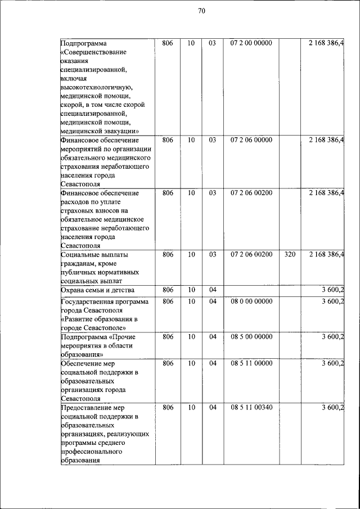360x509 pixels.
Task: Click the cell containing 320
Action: pyautogui.click(x=290, y=255)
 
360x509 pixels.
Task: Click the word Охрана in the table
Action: pyautogui.click(x=73, y=290)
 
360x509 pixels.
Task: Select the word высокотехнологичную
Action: pyautogui.click(x=96, y=87)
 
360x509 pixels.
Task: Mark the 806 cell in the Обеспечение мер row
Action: pyautogui.click(x=167, y=363)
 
